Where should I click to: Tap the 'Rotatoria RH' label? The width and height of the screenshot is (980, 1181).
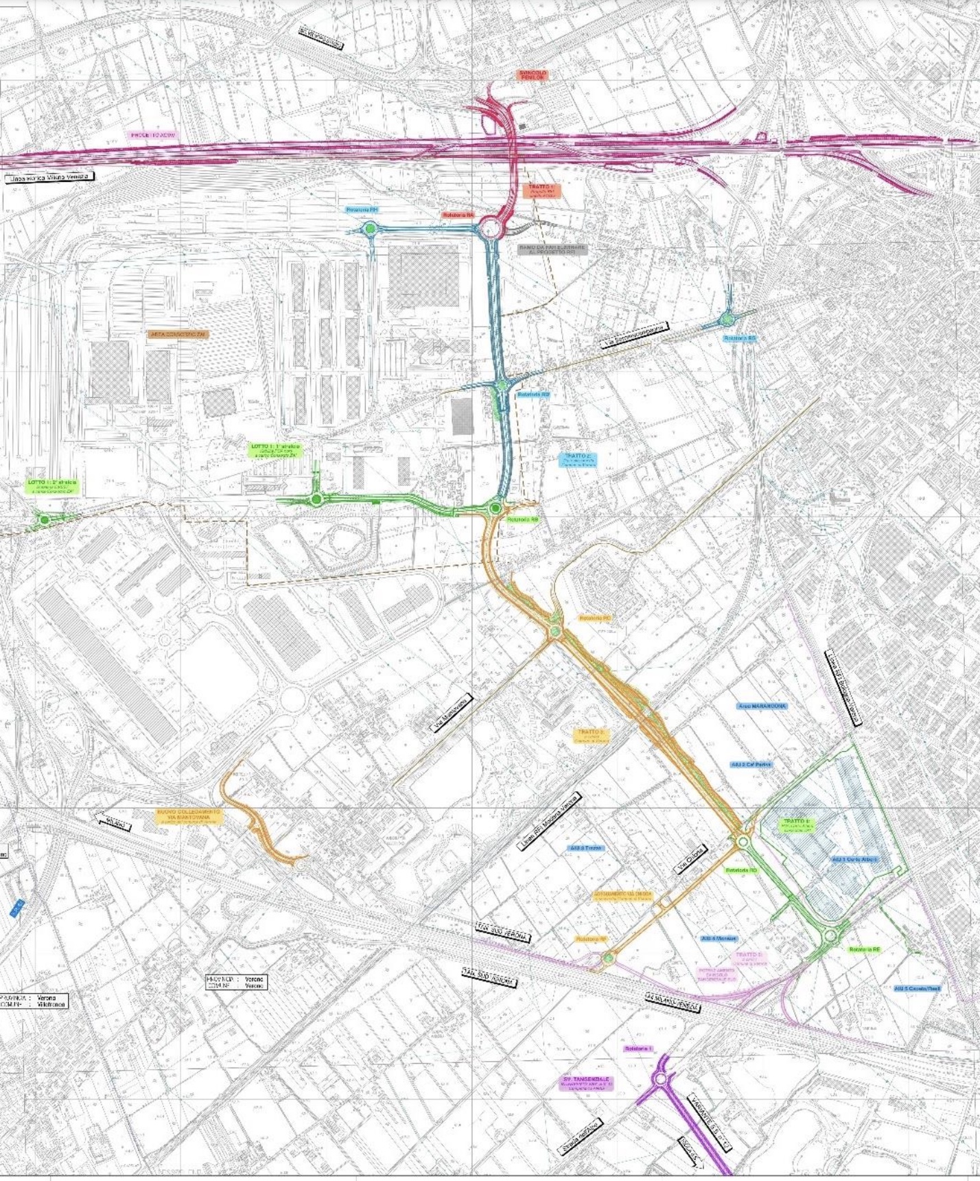click(x=362, y=210)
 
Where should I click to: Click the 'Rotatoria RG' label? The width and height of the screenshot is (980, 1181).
click(x=740, y=338)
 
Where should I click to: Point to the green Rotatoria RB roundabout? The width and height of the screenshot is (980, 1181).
click(x=495, y=508)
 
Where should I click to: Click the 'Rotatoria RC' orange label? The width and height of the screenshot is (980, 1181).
click(x=594, y=618)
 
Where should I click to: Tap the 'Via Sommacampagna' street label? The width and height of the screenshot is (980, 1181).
click(x=634, y=336)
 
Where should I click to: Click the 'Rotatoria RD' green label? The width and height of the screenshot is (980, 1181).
click(x=741, y=870)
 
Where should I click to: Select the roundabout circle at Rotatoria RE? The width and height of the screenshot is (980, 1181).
click(x=830, y=935)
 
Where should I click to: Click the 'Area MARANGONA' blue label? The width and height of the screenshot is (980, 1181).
click(x=762, y=705)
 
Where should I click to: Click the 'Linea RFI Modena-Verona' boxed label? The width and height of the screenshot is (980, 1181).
click(x=549, y=821)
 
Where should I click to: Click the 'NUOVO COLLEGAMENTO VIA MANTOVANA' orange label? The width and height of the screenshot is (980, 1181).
click(x=189, y=816)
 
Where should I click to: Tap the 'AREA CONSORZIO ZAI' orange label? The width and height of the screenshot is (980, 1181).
click(x=178, y=334)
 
